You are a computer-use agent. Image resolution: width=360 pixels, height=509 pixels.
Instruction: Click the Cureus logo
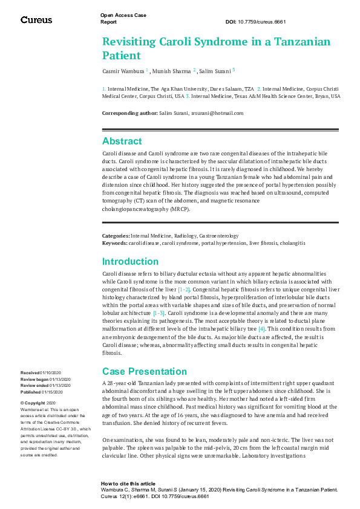[x=36, y=20]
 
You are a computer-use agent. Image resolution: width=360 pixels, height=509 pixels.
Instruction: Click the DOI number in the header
[x=264, y=22]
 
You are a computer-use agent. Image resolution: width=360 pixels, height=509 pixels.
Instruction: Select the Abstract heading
[x=122, y=141]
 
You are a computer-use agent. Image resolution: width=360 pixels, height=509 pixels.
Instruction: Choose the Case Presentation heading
[x=145, y=371]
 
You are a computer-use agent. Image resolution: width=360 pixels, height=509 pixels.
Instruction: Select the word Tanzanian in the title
[x=297, y=42]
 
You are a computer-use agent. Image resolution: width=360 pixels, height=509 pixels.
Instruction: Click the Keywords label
[x=114, y=242]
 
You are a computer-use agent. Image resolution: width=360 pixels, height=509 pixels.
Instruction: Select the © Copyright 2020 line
[x=38, y=403]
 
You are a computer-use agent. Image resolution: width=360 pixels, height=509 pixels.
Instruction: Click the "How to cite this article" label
[x=128, y=484]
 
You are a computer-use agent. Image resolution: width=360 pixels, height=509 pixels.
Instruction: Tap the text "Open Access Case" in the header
[x=123, y=15]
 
